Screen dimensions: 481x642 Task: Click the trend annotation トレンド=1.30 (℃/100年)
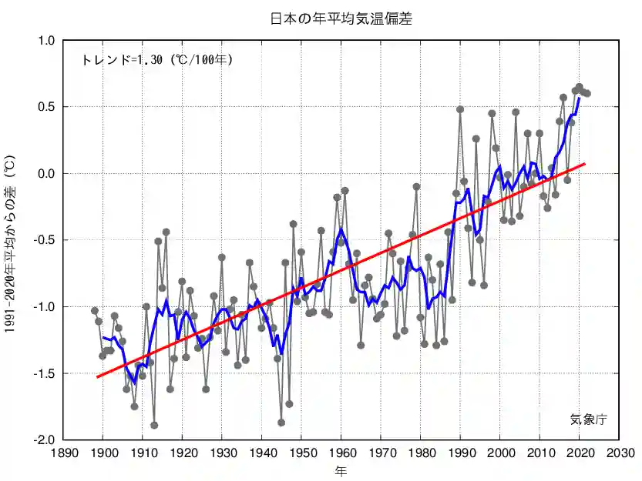coord(156,59)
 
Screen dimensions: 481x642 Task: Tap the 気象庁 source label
coord(589,419)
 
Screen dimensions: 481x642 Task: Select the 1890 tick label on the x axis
coord(63,453)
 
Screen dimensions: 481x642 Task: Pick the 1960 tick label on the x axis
coord(341,453)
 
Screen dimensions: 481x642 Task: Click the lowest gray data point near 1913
coord(154,425)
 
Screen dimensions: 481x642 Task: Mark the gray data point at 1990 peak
coord(460,109)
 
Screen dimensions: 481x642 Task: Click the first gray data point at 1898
coord(95,311)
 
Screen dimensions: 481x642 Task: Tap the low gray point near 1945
coord(281,423)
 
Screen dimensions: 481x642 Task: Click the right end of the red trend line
coord(586,164)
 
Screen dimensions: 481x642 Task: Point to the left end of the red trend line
coord(97,377)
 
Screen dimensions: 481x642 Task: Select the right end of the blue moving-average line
coord(580,98)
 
